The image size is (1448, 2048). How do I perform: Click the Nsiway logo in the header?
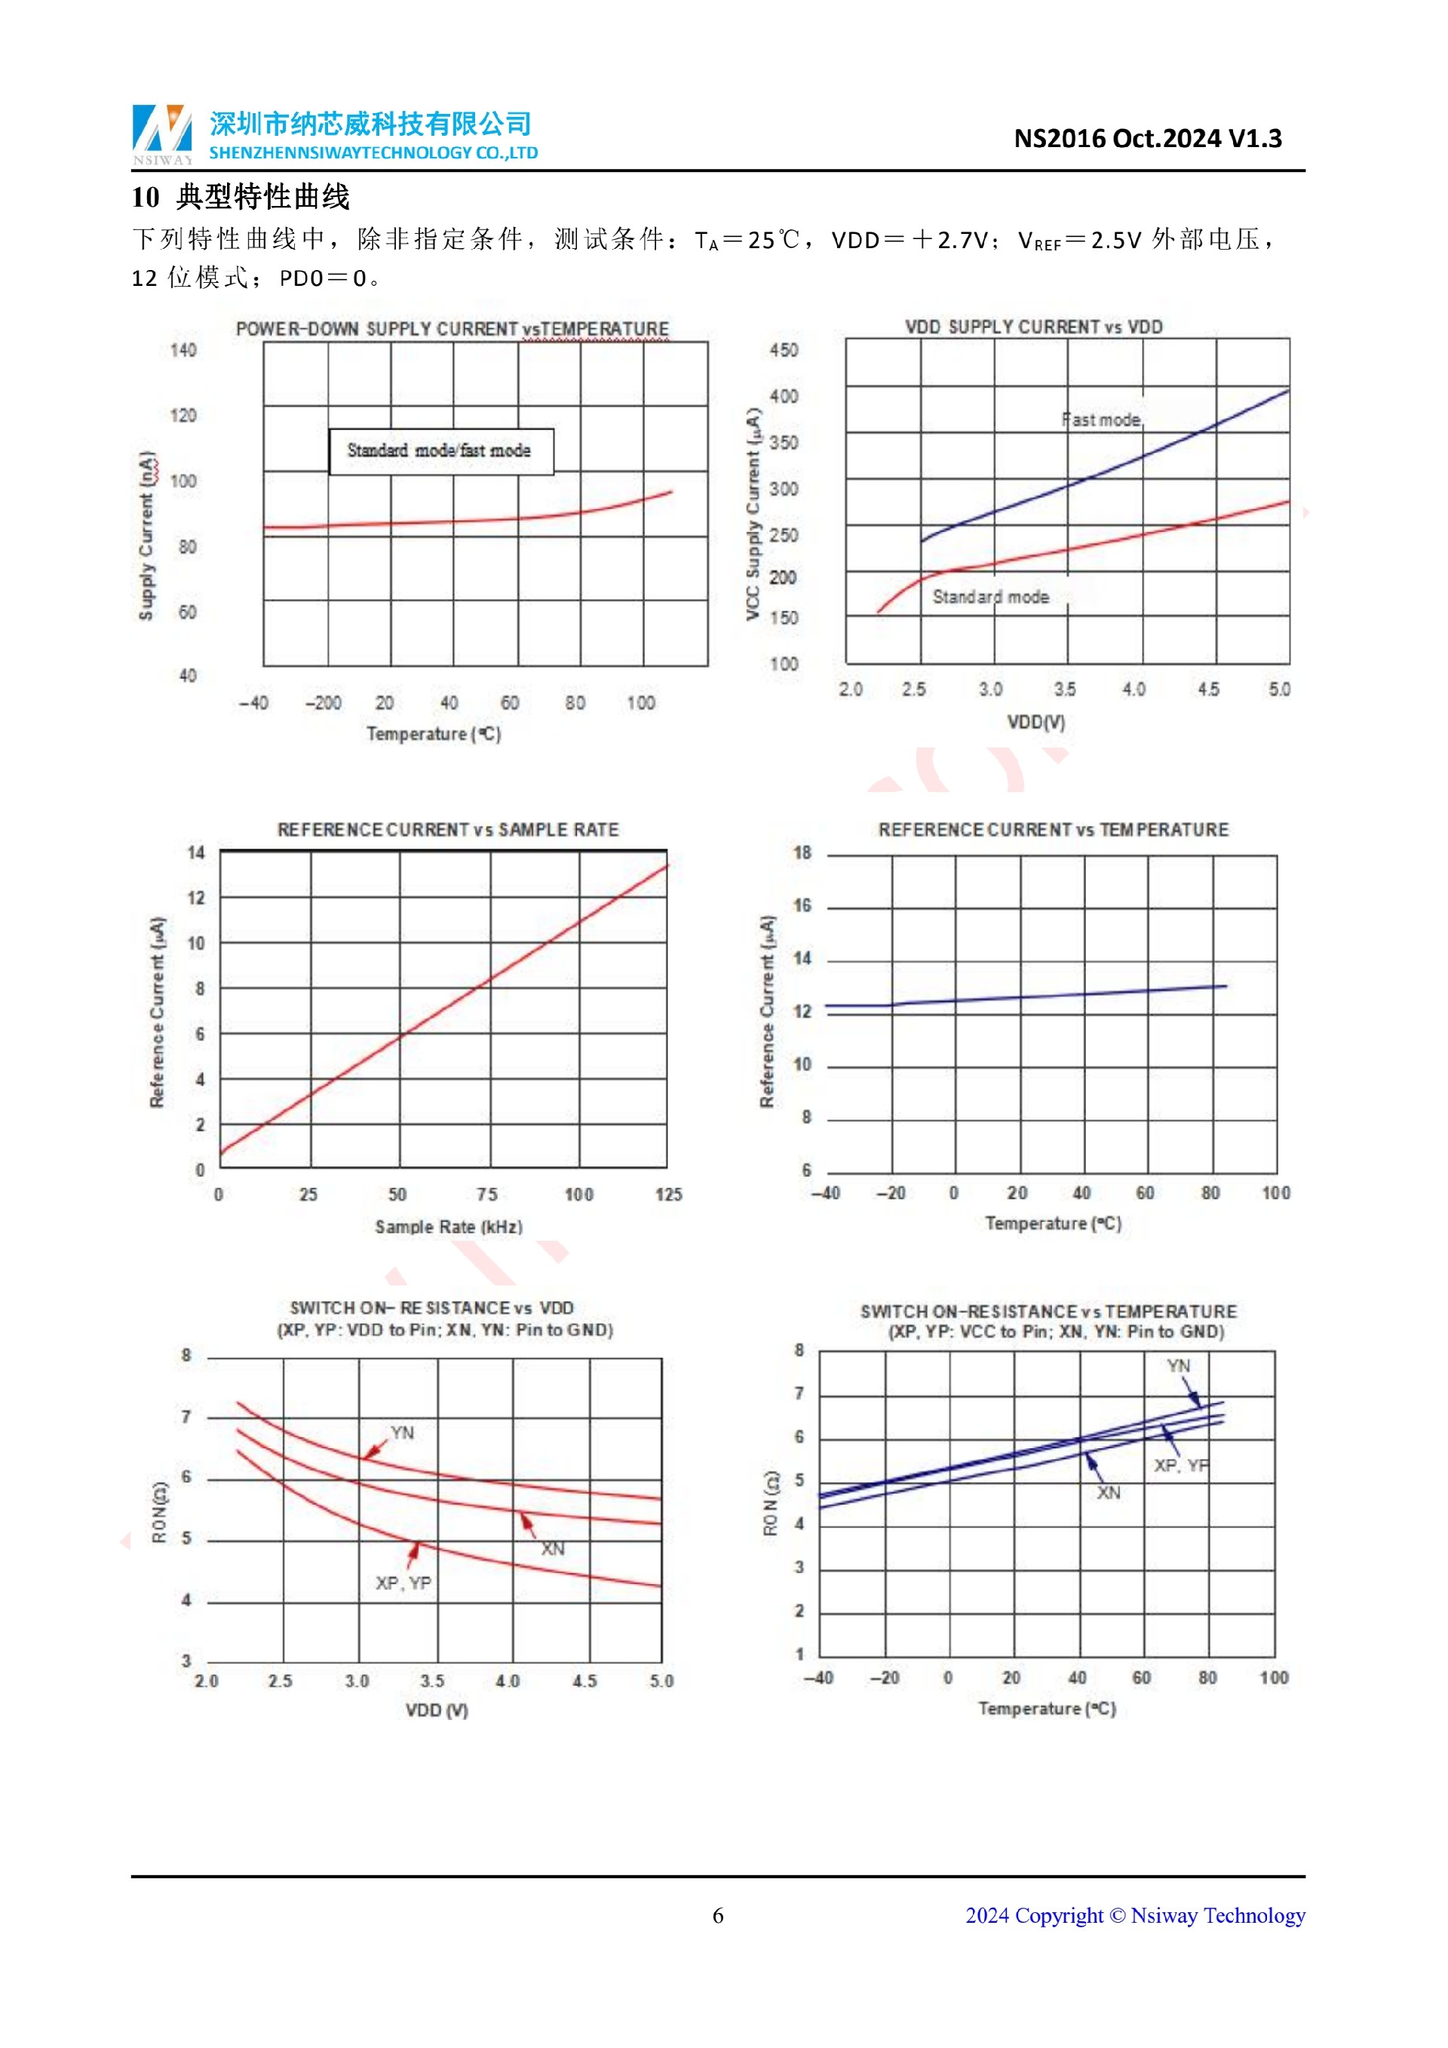(162, 134)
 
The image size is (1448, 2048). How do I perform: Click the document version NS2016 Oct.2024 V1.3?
(1148, 138)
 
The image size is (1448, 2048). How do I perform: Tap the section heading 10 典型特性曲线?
(241, 197)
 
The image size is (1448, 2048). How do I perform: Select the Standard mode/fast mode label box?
(440, 451)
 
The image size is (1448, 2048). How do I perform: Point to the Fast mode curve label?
(1101, 420)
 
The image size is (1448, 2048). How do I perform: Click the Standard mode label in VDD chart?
(990, 597)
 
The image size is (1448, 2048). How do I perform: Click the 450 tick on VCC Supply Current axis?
(784, 351)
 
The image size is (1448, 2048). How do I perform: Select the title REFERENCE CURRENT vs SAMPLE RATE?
(447, 830)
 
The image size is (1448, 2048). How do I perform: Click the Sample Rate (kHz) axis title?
(449, 1227)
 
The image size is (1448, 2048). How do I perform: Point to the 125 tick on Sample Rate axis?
(668, 1194)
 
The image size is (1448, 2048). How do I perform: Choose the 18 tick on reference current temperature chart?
(802, 852)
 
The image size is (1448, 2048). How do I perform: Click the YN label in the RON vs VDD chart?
(402, 1432)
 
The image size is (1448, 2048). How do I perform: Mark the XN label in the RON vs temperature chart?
(1109, 1493)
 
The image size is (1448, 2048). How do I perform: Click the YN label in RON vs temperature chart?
(1178, 1365)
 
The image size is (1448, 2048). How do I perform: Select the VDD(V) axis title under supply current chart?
(1036, 722)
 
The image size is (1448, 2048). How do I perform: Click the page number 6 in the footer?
(718, 1915)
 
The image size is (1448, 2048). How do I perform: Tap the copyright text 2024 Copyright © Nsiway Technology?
(1135, 1915)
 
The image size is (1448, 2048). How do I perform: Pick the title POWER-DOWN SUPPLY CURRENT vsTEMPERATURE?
(452, 328)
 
